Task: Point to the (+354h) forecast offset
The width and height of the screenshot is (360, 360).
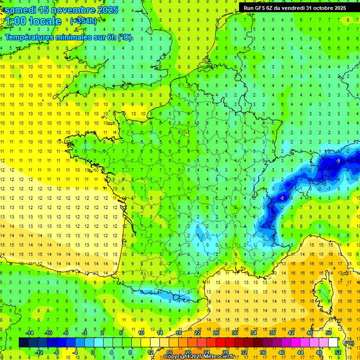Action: pos(83,21)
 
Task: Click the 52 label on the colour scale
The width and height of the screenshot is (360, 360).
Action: pos(338,352)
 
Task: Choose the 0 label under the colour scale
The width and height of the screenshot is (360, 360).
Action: pos(93,352)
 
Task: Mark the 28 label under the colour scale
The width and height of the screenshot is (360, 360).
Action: pos(225,352)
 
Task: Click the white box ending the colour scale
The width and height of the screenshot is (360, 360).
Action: pos(333,342)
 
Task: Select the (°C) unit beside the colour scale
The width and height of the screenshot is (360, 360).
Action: pos(348,343)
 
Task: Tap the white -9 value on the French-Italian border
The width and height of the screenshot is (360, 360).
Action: pos(281,198)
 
